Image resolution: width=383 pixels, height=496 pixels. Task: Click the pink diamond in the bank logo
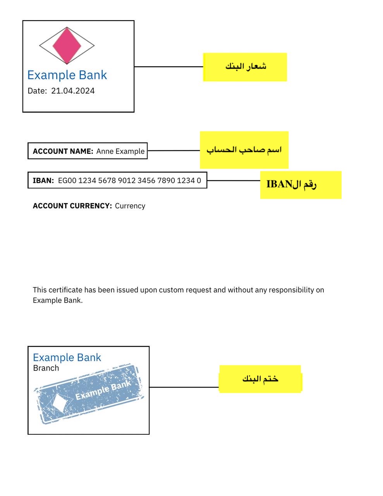pyautogui.click(x=67, y=45)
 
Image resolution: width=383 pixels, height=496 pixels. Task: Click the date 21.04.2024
pyautogui.click(x=73, y=91)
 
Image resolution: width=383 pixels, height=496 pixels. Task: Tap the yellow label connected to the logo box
pyautogui.click(x=245, y=67)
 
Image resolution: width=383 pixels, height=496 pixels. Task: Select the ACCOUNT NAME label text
pyautogui.click(x=63, y=151)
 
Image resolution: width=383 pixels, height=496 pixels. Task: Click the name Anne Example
pyautogui.click(x=120, y=151)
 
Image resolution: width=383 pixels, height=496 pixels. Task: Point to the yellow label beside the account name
pyautogui.click(x=244, y=150)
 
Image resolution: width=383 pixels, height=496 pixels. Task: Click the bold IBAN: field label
pyautogui.click(x=43, y=181)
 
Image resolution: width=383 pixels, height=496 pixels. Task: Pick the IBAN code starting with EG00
pyautogui.click(x=129, y=181)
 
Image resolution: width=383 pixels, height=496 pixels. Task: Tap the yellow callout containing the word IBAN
pyautogui.click(x=301, y=185)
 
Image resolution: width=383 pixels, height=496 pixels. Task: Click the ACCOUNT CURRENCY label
pyautogui.click(x=72, y=206)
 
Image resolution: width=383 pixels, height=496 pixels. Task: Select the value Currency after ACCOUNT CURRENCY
pyautogui.click(x=130, y=206)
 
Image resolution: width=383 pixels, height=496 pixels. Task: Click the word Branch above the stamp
pyautogui.click(x=46, y=368)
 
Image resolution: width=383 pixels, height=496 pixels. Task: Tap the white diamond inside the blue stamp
pyautogui.click(x=60, y=403)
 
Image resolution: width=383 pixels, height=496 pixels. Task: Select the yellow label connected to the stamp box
pyautogui.click(x=260, y=379)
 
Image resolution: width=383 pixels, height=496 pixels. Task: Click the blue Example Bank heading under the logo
pyautogui.click(x=67, y=75)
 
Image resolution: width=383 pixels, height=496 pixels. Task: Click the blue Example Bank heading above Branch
pyautogui.click(x=67, y=357)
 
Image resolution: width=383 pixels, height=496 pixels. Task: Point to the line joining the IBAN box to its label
pyautogui.click(x=233, y=181)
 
